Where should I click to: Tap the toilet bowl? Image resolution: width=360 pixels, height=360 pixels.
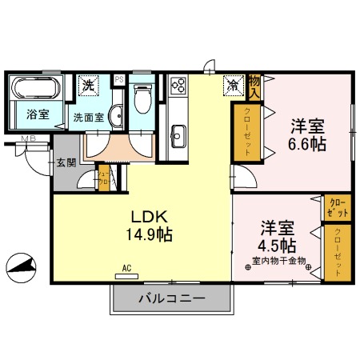[x=142, y=99]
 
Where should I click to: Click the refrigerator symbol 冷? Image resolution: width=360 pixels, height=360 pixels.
[x=231, y=82]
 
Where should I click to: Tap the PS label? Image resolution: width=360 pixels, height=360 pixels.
[x=119, y=79]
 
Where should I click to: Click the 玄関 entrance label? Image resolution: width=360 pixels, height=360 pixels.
[x=66, y=163]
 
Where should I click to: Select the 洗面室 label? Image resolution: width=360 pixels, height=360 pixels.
[x=90, y=116]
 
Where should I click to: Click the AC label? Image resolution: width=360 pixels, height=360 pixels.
[x=126, y=268]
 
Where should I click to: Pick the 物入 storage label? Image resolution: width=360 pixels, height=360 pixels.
[x=254, y=82]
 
